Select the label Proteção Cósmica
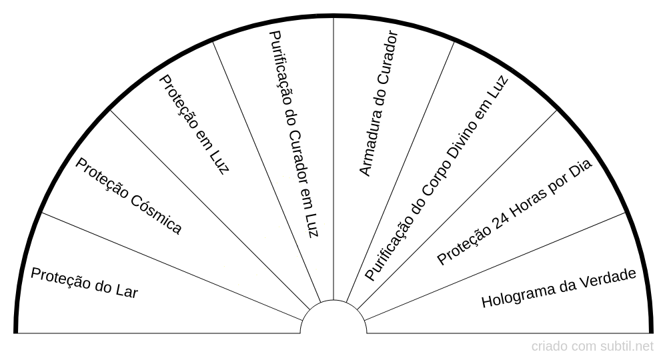(x=129, y=196)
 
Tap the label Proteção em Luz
(x=194, y=124)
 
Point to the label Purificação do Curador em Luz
(x=294, y=134)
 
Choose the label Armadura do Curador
(x=379, y=103)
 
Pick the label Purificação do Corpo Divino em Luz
(x=436, y=178)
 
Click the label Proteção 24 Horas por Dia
(x=514, y=212)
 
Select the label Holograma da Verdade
(x=558, y=288)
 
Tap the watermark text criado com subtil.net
(x=592, y=347)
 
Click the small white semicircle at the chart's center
(x=333, y=317)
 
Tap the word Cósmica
(x=155, y=216)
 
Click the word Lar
(x=127, y=291)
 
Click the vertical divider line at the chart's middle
(x=333, y=159)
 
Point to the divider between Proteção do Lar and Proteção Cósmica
(x=172, y=266)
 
